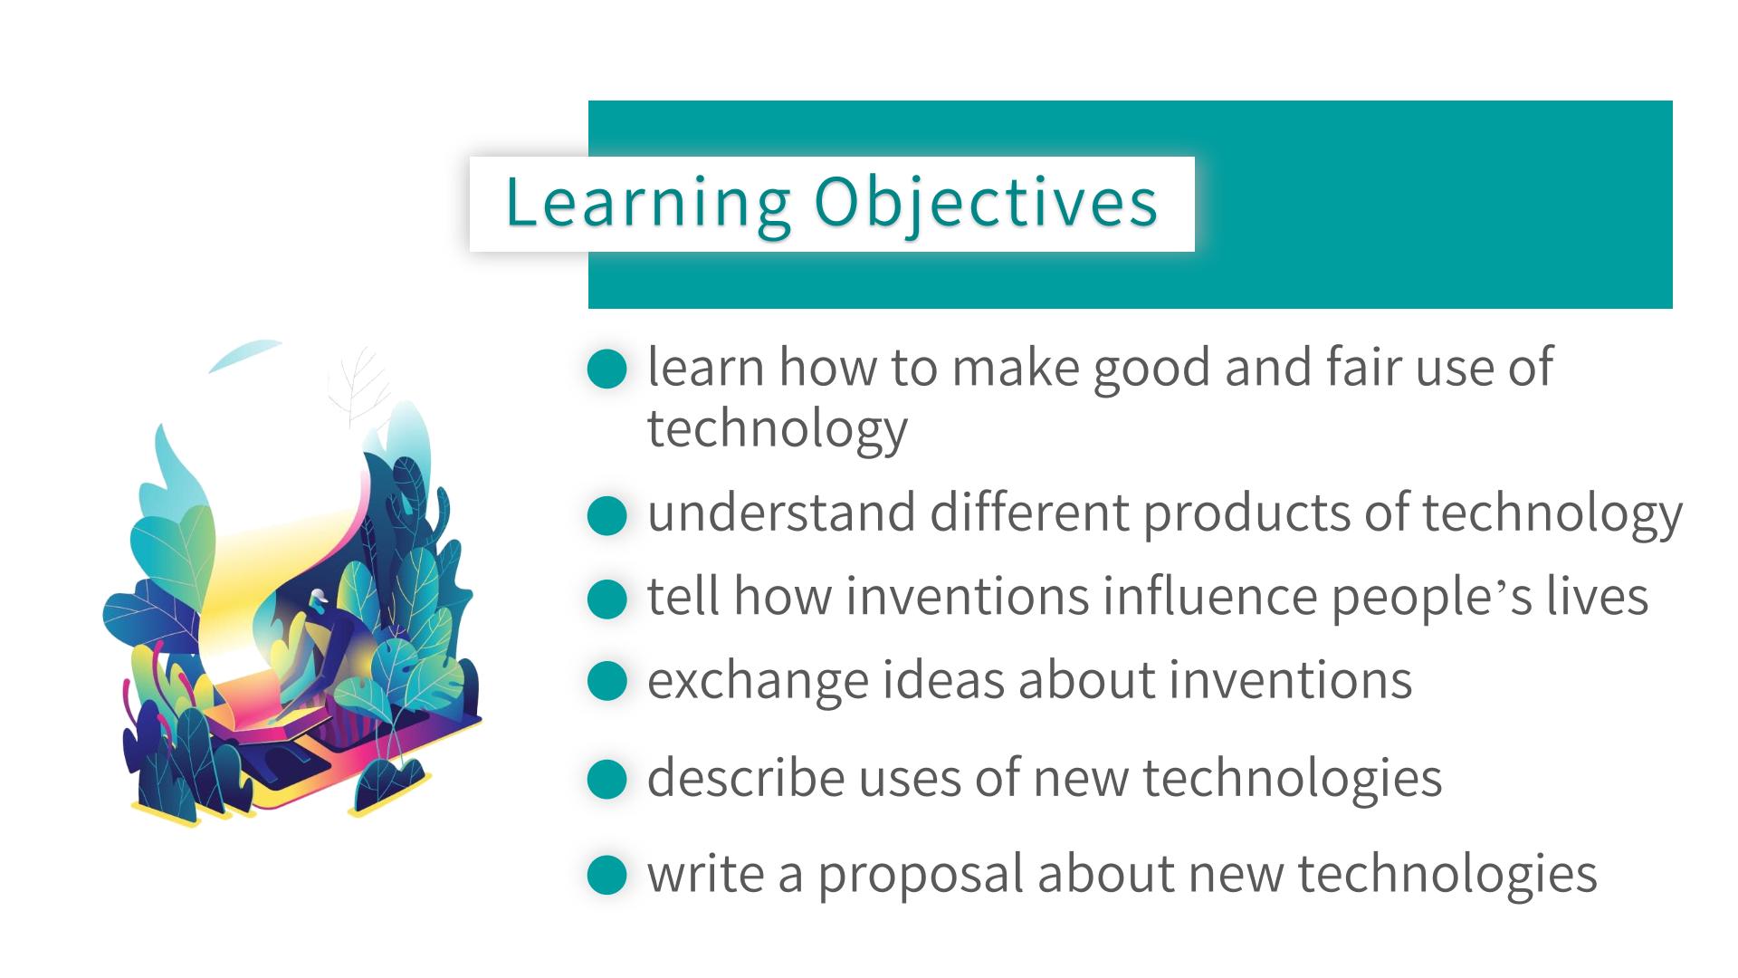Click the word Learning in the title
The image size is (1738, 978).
click(648, 204)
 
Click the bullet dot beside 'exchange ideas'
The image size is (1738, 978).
click(607, 681)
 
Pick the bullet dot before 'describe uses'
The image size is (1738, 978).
click(607, 779)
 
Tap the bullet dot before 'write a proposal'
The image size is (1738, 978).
click(607, 875)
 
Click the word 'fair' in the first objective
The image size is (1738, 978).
click(1364, 367)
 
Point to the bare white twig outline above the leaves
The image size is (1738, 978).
click(360, 388)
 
